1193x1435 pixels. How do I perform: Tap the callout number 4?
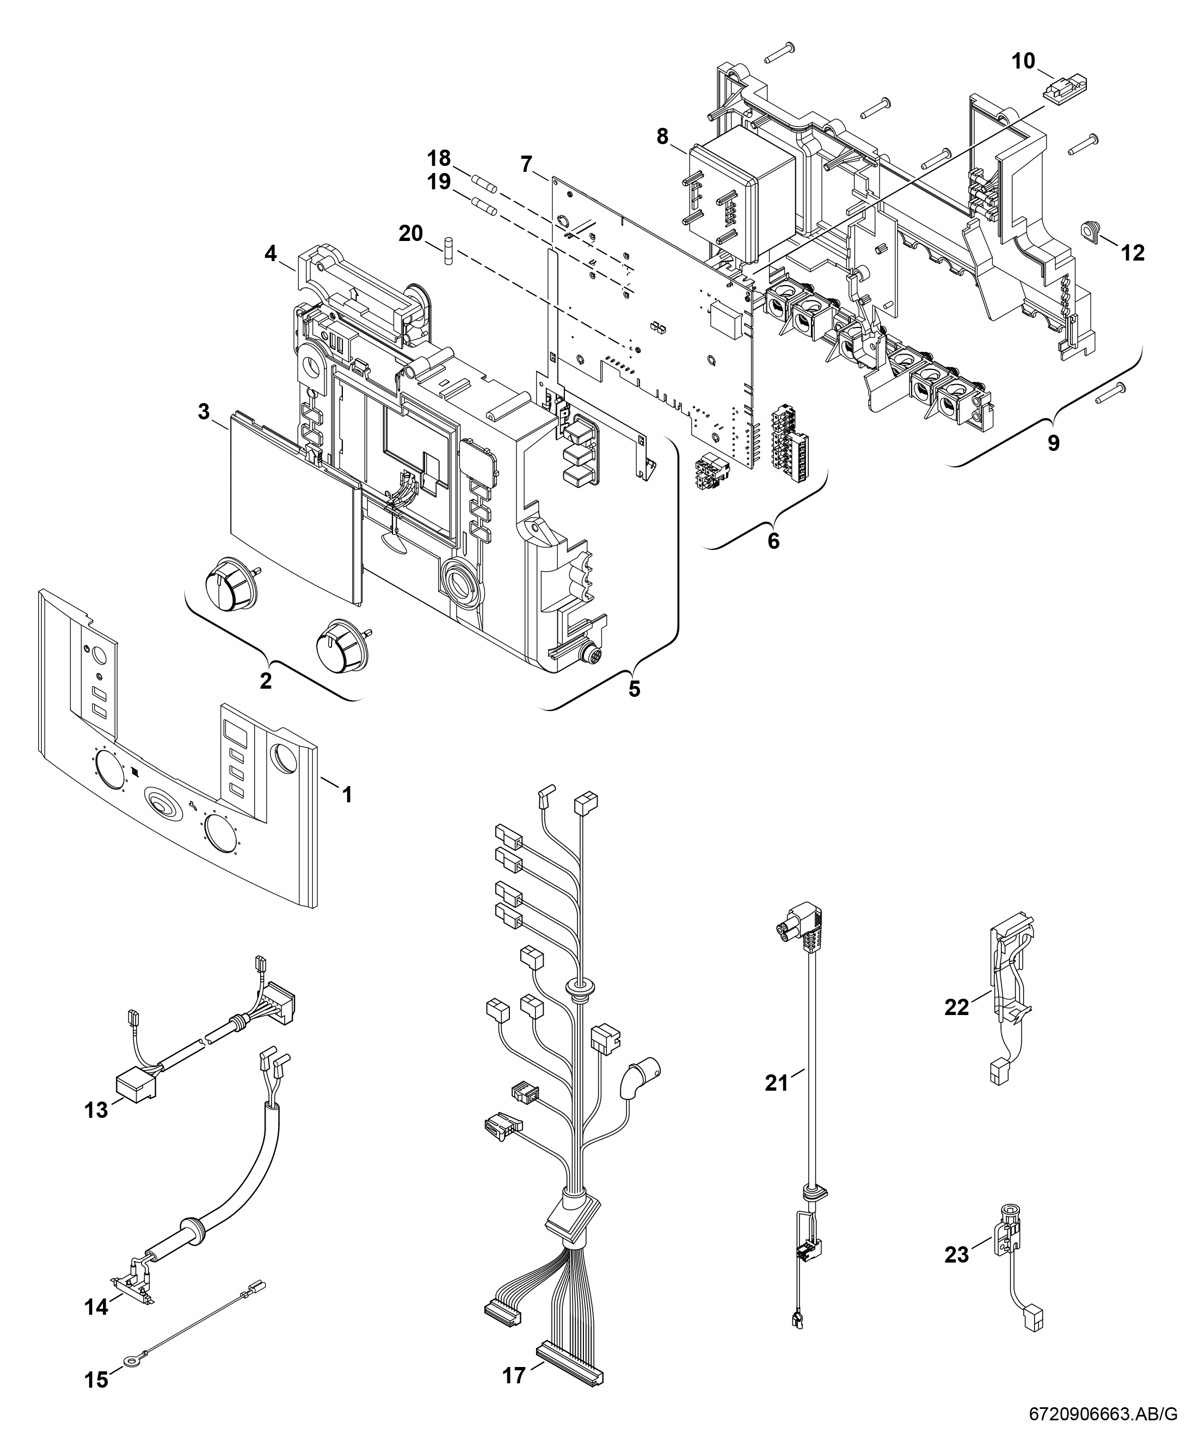[x=270, y=253]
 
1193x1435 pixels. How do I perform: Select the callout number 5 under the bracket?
[x=635, y=689]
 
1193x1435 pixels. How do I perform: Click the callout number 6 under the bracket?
[x=773, y=541]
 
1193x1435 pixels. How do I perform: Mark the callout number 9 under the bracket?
[x=1054, y=443]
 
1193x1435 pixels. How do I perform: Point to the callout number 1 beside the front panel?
[x=347, y=794]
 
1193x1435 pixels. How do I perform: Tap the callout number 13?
[x=96, y=1110]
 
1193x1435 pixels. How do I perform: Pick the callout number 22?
[x=956, y=1008]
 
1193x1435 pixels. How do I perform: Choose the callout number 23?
[x=956, y=1255]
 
